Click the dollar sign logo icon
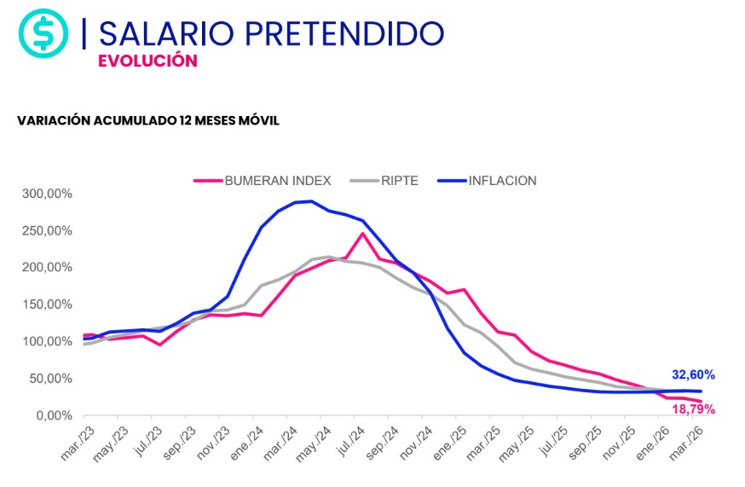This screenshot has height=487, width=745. [43, 33]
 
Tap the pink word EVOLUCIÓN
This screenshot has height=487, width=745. [147, 61]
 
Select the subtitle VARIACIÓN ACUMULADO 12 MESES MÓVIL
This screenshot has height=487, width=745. [148, 120]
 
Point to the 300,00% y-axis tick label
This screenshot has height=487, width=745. [48, 194]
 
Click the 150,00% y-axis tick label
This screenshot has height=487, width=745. [48, 304]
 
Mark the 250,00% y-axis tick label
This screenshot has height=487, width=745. [48, 230]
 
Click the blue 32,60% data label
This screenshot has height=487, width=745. [693, 374]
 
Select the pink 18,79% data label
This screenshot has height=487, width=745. [693, 409]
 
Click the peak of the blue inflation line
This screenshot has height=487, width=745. [311, 201]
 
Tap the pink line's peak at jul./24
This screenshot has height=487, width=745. [362, 234]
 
